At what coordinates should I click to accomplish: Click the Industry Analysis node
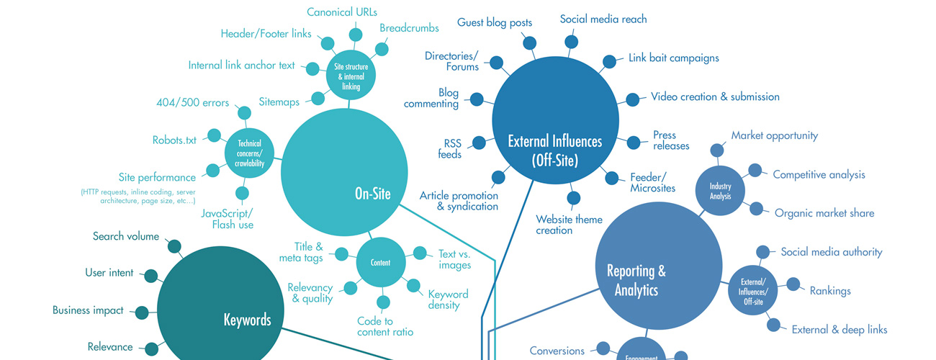pos(720,192)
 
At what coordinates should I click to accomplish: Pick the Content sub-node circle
pos(380,263)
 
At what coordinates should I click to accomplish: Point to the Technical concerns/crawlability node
pos(249,153)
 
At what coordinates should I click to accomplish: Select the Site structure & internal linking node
pos(351,77)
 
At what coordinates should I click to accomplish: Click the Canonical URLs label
pos(342,12)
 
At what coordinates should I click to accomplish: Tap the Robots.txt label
pos(174,140)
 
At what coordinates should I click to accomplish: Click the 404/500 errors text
pos(193,103)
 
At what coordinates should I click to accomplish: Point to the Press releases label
pos(671,140)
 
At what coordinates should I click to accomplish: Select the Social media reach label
pos(603,19)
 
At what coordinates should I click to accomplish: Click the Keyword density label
pos(448,300)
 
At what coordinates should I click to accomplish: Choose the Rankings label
pos(830,292)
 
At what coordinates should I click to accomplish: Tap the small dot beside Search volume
pos(174,246)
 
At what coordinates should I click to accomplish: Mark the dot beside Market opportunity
pos(717,150)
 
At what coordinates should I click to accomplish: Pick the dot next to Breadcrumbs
pos(382,50)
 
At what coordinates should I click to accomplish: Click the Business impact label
pos(88,311)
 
